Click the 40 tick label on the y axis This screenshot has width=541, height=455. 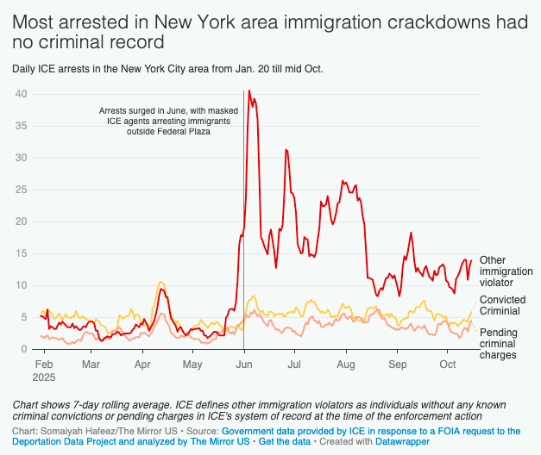[x=22, y=94]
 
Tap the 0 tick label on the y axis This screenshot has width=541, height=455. [x=25, y=349]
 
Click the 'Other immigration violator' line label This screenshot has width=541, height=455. [x=506, y=271]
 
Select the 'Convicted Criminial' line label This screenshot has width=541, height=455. [x=502, y=305]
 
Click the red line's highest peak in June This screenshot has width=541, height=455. [x=249, y=90]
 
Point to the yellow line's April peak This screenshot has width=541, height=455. [x=160, y=282]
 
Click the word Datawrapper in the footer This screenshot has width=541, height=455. [x=399, y=441]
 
